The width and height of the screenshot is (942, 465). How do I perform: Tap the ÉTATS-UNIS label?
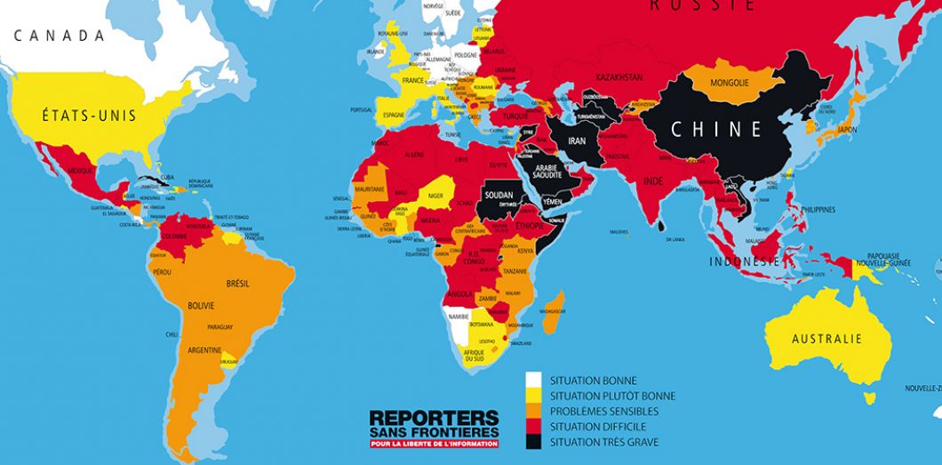click(x=76, y=113)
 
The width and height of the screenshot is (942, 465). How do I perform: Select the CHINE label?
click(x=716, y=129)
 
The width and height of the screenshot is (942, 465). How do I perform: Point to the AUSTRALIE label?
click(x=827, y=339)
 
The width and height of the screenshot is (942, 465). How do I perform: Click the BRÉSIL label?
click(x=237, y=283)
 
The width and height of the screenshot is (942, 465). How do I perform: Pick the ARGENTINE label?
click(x=204, y=350)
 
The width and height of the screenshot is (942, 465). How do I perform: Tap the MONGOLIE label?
click(x=730, y=84)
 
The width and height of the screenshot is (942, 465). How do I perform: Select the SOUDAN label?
click(x=500, y=193)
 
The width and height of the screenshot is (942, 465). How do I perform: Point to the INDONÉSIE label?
click(x=745, y=261)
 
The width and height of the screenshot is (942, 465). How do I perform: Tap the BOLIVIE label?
click(x=200, y=306)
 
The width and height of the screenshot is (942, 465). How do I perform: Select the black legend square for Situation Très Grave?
click(x=533, y=442)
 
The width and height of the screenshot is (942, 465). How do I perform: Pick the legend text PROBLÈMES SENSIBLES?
click(x=604, y=411)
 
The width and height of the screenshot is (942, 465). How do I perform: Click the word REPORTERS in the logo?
click(x=434, y=416)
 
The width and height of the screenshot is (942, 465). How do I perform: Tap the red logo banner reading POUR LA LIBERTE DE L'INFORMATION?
click(x=434, y=444)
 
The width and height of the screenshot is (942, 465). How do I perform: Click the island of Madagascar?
click(x=553, y=312)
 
